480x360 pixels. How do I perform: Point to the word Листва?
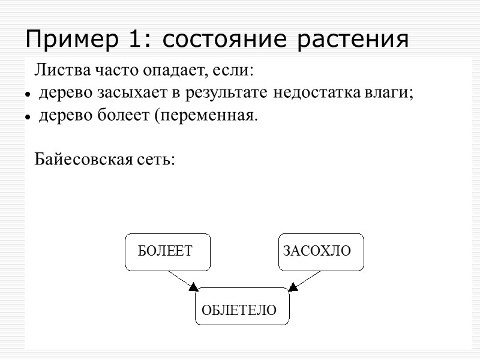56,71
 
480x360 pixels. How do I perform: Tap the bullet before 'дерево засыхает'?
28,95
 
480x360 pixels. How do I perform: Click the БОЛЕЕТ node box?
167,251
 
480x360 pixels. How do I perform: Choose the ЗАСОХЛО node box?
320,251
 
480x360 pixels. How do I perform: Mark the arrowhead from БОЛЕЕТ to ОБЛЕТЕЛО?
193,287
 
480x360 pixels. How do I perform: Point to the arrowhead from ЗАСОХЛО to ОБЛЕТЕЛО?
293,287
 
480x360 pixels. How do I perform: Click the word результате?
234,94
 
